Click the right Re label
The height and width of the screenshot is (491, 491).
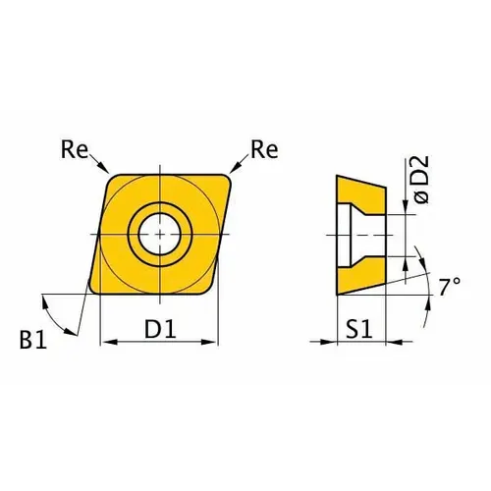[x=262, y=150]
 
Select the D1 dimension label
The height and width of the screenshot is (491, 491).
[x=159, y=331]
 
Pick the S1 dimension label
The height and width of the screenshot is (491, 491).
[x=359, y=331]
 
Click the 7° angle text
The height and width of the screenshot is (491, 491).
[x=450, y=287]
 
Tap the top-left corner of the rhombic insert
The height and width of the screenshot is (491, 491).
[x=108, y=179]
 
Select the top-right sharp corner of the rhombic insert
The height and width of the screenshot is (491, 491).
[x=232, y=178]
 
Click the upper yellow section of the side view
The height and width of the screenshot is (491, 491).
[x=361, y=193]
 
